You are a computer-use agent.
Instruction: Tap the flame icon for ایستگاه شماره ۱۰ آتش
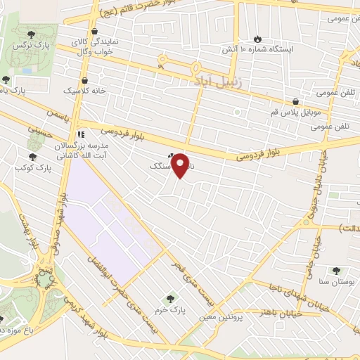coord(257,39)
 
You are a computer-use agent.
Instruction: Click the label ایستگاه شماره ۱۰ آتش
coord(262,51)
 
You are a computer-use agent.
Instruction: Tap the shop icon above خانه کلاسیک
coord(84,80)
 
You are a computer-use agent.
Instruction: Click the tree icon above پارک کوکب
coord(32,157)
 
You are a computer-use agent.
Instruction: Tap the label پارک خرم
coord(169,309)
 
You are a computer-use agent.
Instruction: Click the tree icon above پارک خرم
coord(168,298)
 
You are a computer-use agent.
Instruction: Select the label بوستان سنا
coord(333,282)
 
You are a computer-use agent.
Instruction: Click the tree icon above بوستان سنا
coord(335,270)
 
